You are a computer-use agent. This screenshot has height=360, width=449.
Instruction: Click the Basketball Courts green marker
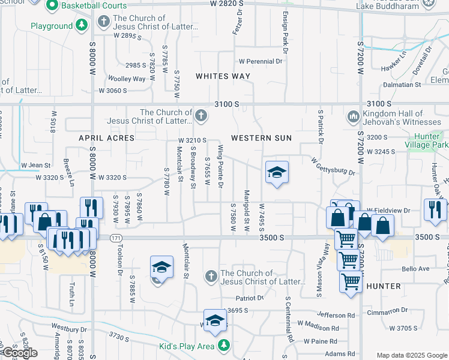tap(52, 5)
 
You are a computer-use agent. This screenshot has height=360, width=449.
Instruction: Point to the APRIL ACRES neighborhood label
tap(106, 138)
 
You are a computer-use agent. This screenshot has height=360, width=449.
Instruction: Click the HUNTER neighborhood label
tap(383, 286)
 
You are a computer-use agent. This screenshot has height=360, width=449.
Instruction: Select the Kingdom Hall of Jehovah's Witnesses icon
tap(352, 115)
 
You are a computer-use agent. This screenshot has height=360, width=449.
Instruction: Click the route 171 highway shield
tap(114, 239)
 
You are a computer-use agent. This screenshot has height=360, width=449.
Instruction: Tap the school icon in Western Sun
tap(277, 173)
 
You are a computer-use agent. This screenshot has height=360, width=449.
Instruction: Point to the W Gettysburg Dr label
tap(333, 166)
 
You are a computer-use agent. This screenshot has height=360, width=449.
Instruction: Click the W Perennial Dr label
tap(260, 61)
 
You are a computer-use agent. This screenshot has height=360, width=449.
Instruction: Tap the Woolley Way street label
tap(126, 79)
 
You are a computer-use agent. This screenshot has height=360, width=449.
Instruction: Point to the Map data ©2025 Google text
tap(411, 355)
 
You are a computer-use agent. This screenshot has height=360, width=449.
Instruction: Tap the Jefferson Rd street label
tap(336, 315)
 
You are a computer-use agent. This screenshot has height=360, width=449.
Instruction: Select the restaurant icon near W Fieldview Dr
tap(433, 209)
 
